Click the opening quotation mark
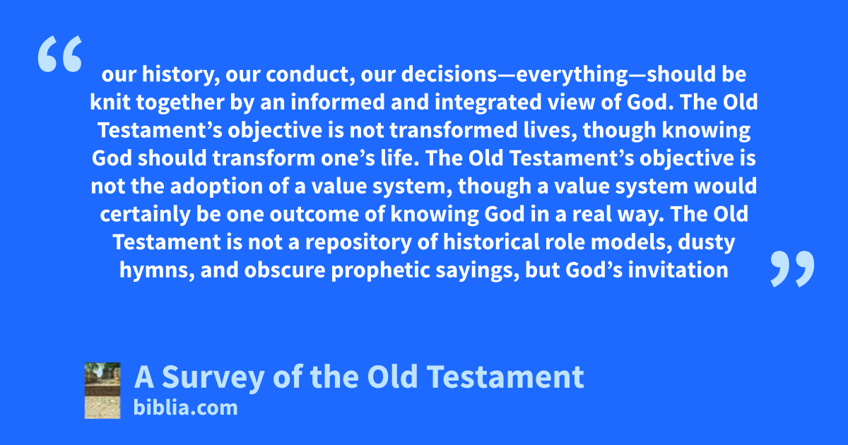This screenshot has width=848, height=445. pyautogui.click(x=60, y=54)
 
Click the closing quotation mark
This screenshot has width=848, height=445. pyautogui.click(x=792, y=268)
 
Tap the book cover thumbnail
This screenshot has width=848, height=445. pyautogui.click(x=102, y=391)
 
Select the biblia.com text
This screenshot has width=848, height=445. pyautogui.click(x=185, y=408)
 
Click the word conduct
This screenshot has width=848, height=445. pyautogui.click(x=310, y=74)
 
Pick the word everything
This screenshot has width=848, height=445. pyautogui.click(x=572, y=74)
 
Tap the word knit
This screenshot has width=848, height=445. pyautogui.click(x=110, y=102)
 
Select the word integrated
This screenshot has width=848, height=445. pyautogui.click(x=488, y=102)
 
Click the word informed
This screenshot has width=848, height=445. pyautogui.click(x=338, y=102)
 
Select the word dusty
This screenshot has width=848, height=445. pyautogui.click(x=707, y=242)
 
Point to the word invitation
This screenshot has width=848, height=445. pyautogui.click(x=678, y=270)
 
